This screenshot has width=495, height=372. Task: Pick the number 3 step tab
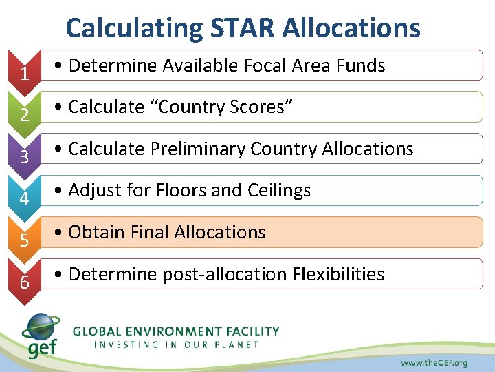click(x=25, y=157)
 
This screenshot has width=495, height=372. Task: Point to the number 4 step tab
click(x=25, y=199)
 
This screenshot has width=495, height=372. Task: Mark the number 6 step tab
click(x=25, y=282)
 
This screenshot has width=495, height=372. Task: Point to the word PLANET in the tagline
click(x=238, y=344)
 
